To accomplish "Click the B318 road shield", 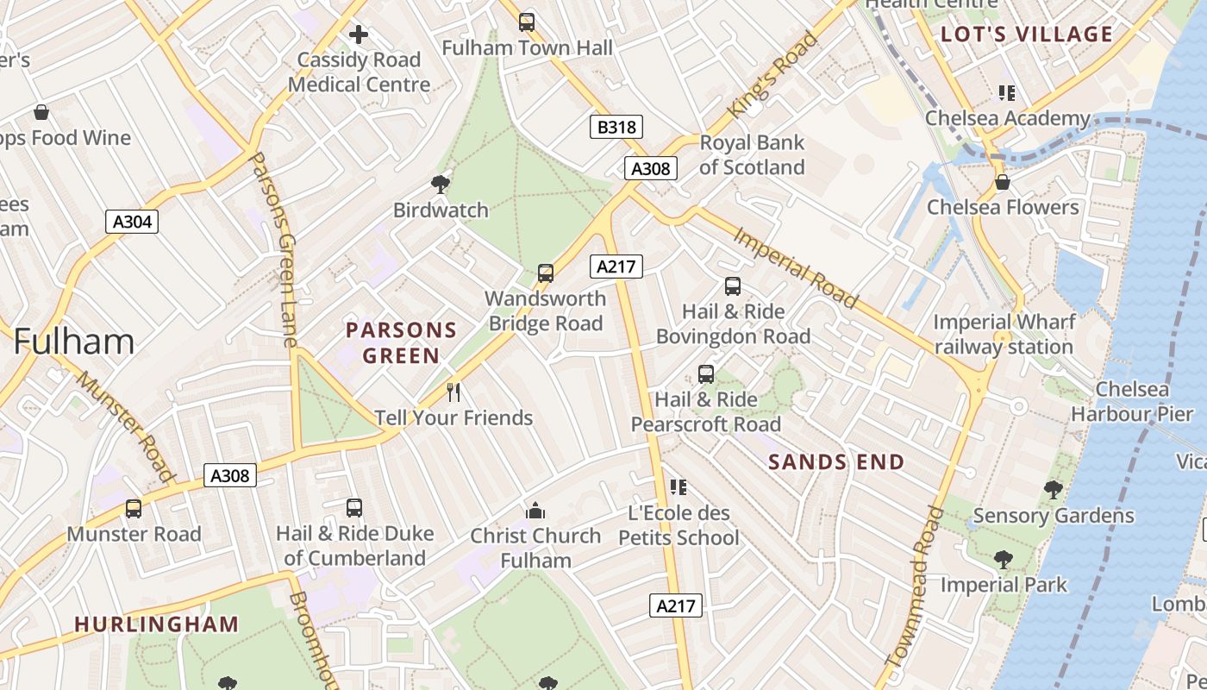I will click(616, 128).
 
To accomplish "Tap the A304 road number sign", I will click(132, 222).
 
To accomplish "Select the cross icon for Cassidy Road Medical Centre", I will click(359, 34).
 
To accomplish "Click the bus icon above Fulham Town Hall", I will click(527, 22).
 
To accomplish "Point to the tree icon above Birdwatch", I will click(440, 184).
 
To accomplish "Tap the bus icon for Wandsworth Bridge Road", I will click(545, 273).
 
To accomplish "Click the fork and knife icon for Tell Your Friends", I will click(453, 392).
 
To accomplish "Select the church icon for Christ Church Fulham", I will click(535, 511).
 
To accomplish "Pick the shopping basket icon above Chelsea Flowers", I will click(1002, 182).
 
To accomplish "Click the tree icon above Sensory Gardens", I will click(1053, 490).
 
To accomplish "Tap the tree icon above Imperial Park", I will click(1003, 560).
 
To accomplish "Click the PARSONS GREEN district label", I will click(401, 342).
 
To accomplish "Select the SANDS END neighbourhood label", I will click(836, 462).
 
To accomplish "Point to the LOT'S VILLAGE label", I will click(1026, 34).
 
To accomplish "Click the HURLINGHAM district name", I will click(156, 624).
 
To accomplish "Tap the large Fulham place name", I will click(73, 342).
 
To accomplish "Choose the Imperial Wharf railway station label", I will click(1004, 335).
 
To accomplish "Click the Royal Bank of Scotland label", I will click(751, 154).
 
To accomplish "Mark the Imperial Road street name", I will click(796, 267).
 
